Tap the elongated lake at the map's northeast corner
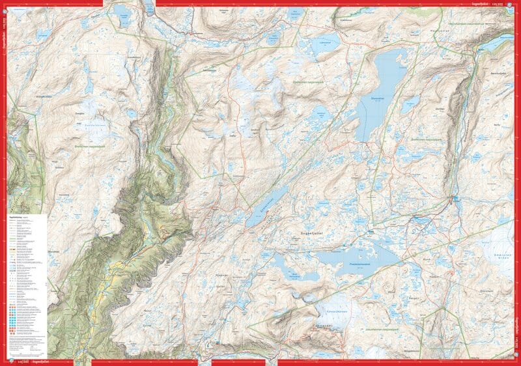496,44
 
